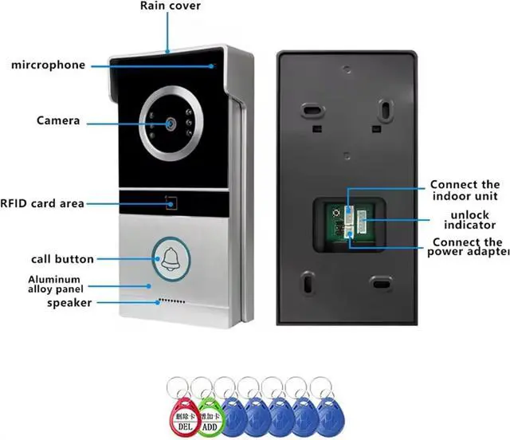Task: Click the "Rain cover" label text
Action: point(171,6)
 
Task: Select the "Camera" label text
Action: point(58,121)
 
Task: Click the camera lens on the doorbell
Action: point(170,124)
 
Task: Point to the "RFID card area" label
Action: point(43,204)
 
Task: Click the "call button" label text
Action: point(62,259)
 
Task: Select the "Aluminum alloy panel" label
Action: point(55,284)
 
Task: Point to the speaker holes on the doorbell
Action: point(171,302)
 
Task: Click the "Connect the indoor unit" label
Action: point(465,190)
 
